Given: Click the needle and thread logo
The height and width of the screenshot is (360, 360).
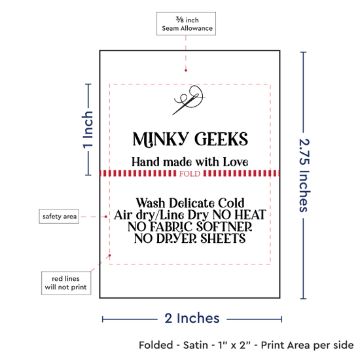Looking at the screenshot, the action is click(x=189, y=100).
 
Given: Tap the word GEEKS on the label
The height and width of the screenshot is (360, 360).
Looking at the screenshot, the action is click(x=221, y=139).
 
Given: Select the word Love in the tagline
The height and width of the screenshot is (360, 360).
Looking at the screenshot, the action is click(x=236, y=162).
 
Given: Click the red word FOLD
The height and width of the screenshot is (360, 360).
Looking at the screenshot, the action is click(x=190, y=173).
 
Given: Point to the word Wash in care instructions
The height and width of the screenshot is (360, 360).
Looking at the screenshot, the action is click(x=151, y=203).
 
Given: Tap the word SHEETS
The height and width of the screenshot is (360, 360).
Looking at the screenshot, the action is click(x=223, y=238).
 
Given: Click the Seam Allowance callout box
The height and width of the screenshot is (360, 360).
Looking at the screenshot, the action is click(x=186, y=24).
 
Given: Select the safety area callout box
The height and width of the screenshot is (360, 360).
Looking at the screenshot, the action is click(x=59, y=216).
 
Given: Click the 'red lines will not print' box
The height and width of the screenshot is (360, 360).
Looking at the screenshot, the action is click(x=66, y=283).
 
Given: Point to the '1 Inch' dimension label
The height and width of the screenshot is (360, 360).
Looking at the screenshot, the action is click(x=88, y=129).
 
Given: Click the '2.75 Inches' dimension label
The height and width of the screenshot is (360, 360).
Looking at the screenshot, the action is click(x=304, y=175).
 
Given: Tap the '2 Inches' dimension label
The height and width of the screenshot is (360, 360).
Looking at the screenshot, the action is click(x=192, y=319).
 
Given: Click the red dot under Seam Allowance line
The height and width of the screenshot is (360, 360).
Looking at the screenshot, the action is click(x=186, y=71).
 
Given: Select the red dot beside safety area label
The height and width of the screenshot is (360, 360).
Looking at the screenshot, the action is click(x=105, y=217).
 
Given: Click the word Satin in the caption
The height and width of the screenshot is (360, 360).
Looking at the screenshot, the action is click(x=196, y=345).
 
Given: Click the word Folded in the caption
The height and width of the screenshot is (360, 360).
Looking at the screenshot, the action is click(x=156, y=345).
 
